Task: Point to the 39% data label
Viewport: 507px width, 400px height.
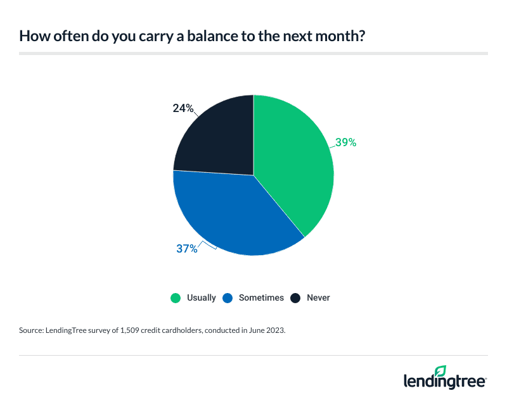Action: click(345, 142)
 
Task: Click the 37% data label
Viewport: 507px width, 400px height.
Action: click(187, 249)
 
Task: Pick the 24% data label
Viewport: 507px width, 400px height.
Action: click(183, 108)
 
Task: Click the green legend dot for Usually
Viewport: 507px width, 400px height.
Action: click(176, 297)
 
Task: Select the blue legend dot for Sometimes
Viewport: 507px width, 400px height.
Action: click(228, 297)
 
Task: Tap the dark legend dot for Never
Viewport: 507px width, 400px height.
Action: click(295, 297)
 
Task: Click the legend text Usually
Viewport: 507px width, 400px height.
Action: click(202, 297)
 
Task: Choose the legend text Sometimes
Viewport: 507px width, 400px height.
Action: click(261, 297)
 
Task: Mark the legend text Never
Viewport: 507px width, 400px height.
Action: click(318, 297)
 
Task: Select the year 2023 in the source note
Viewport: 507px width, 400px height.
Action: click(274, 330)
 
